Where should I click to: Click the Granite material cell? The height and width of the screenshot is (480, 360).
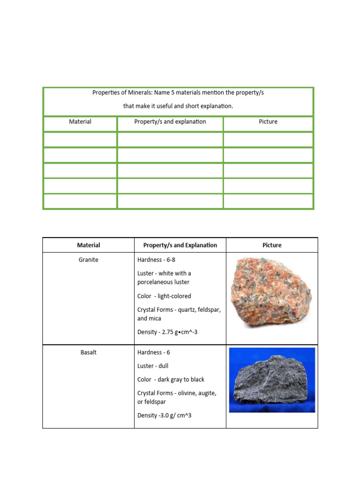[88, 259]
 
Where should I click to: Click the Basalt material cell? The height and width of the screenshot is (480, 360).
[88, 352]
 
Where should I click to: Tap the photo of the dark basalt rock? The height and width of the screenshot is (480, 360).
[271, 381]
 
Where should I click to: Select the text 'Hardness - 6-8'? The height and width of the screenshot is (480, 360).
[157, 259]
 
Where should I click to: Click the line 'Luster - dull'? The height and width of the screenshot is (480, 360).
[153, 366]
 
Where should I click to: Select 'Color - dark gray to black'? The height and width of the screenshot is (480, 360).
[171, 379]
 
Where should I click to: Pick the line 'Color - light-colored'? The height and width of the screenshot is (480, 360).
[164, 296]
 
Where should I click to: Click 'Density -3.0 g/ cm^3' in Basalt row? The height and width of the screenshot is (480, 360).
[164, 415]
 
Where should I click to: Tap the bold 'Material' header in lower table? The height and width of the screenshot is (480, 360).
[88, 245]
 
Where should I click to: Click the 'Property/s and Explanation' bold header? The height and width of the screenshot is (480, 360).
[180, 245]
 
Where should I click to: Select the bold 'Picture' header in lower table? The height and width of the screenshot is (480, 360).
[272, 245]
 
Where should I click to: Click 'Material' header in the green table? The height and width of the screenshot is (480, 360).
[80, 121]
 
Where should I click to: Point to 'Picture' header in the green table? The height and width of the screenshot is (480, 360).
[268, 121]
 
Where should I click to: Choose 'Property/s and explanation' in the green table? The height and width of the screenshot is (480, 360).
[170, 121]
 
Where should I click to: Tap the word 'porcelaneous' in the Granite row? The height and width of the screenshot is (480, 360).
[157, 282]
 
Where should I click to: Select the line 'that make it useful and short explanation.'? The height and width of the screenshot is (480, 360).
[178, 106]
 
